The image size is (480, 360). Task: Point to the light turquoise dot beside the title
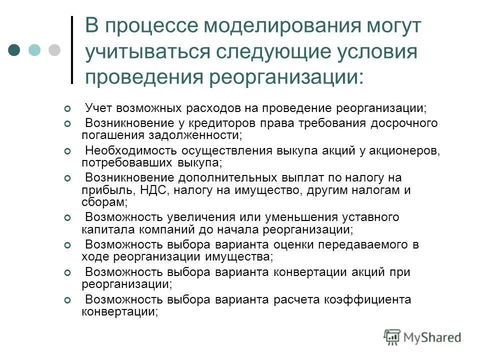(34, 50)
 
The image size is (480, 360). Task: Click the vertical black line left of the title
(72, 50)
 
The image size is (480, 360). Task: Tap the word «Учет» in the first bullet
(98, 108)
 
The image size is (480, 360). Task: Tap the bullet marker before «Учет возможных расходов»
(67, 108)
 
